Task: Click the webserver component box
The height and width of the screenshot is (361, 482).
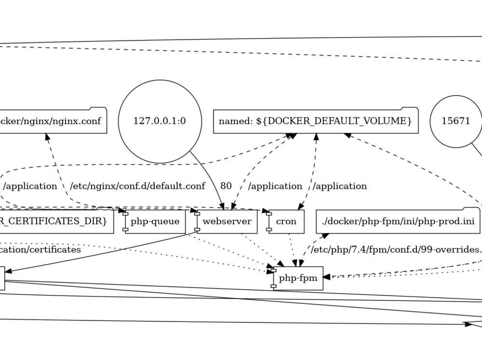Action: [227, 222]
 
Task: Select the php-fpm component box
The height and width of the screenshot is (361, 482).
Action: [298, 278]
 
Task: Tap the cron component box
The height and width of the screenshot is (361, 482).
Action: [286, 222]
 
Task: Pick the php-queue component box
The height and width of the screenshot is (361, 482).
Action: [155, 222]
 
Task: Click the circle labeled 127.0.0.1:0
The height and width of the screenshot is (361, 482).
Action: [160, 121]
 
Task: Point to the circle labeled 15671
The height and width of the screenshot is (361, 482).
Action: [455, 121]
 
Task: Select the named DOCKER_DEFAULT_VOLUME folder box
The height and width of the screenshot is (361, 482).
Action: [315, 121]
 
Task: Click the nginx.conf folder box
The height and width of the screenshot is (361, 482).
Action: [53, 121]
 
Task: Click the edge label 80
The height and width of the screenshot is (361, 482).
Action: [226, 186]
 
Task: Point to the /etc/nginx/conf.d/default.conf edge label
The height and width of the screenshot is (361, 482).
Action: [137, 186]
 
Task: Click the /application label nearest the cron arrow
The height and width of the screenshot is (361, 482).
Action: [340, 186]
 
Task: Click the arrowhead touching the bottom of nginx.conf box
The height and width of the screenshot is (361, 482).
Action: [48, 138]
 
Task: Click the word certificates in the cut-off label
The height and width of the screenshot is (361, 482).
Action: [55, 250]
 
